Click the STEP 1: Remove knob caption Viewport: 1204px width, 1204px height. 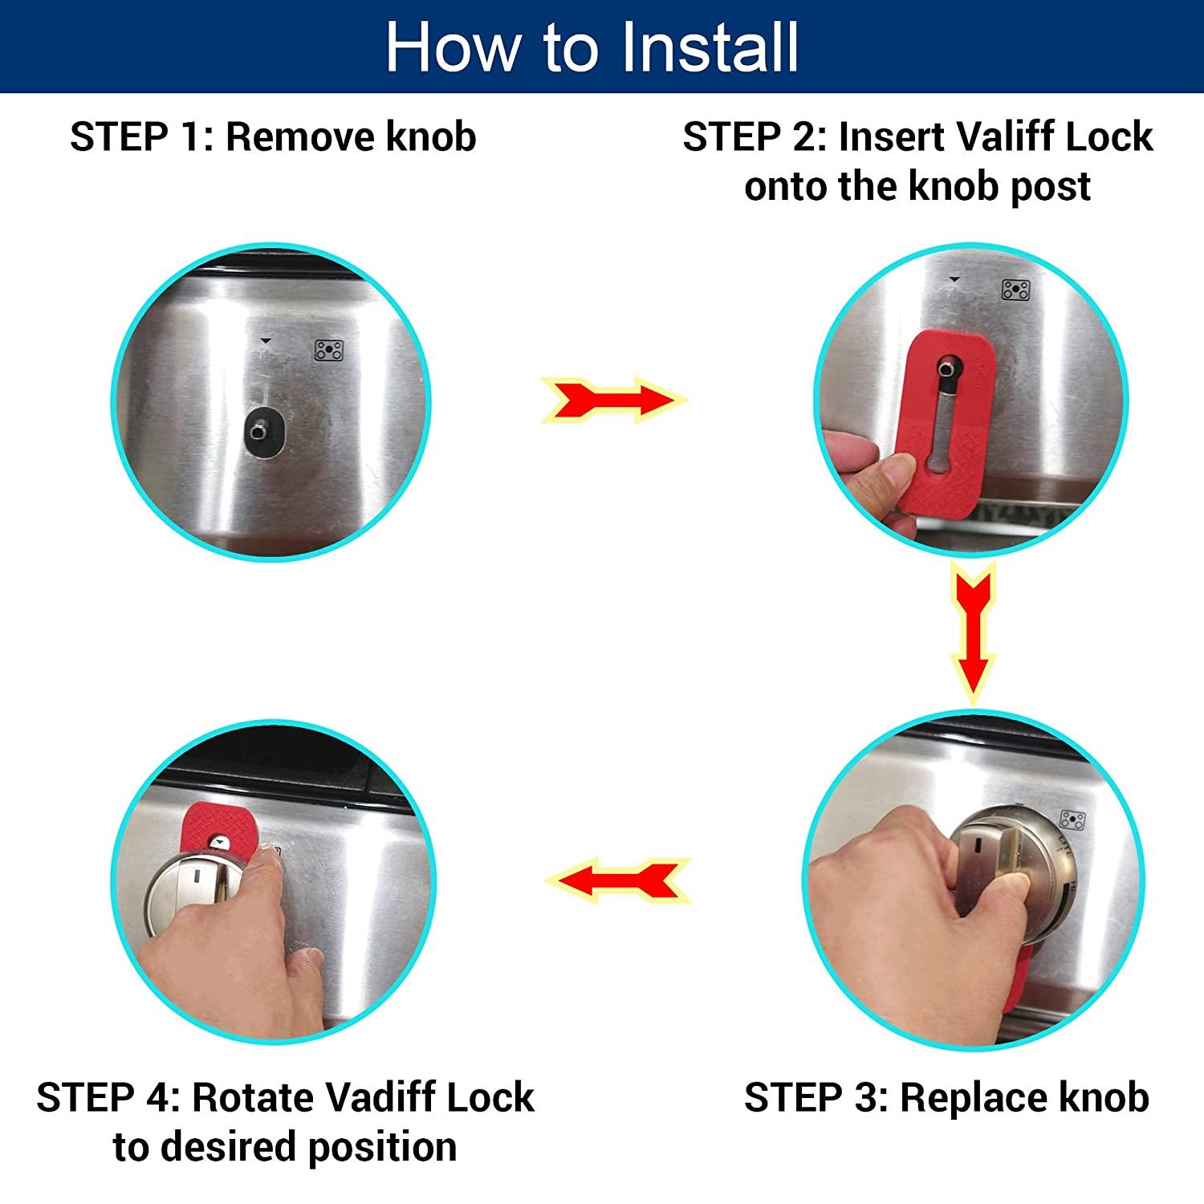coord(273,136)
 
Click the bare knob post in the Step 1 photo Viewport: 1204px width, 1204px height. coord(258,431)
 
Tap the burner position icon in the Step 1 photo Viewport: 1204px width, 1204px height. coord(328,351)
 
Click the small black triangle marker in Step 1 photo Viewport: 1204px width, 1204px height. coord(266,341)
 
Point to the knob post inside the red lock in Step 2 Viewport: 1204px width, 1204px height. coord(949,369)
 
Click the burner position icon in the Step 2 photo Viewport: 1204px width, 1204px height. coord(1015,290)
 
